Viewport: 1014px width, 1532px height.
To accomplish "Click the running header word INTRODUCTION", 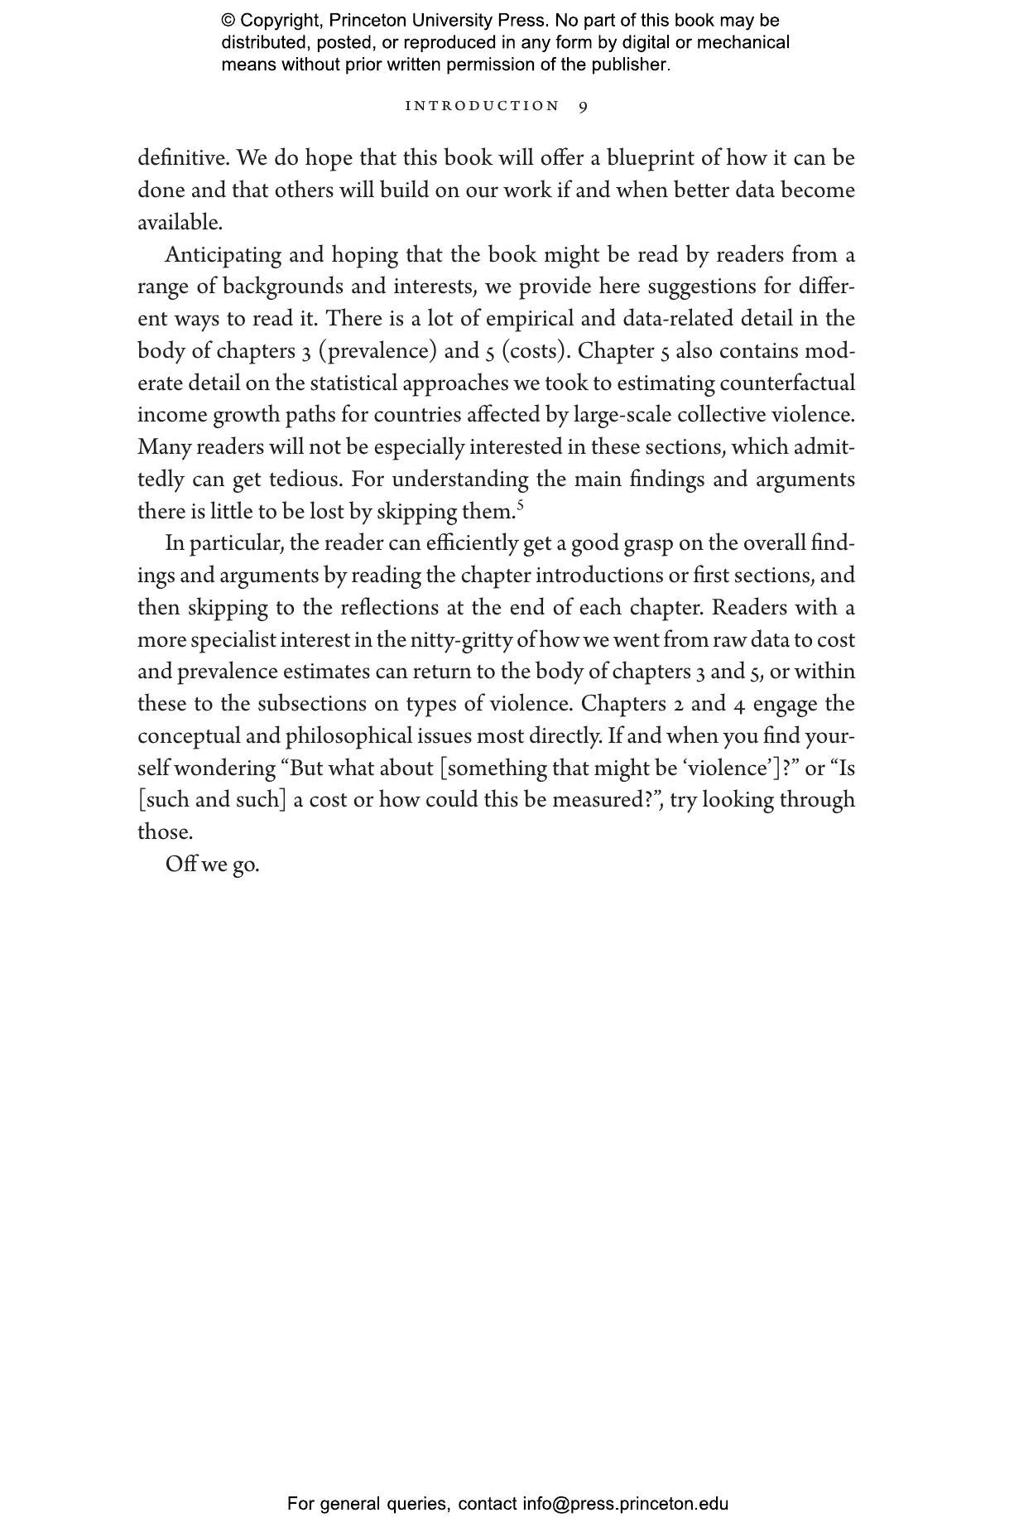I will (482, 106).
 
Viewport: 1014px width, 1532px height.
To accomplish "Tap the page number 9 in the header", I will (584, 106).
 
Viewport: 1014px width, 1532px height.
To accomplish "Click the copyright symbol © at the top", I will (228, 21).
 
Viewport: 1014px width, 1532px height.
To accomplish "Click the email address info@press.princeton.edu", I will (625, 1503).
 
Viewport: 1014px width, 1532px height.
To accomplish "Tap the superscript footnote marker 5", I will (521, 504).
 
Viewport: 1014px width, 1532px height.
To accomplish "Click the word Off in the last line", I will (180, 865).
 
